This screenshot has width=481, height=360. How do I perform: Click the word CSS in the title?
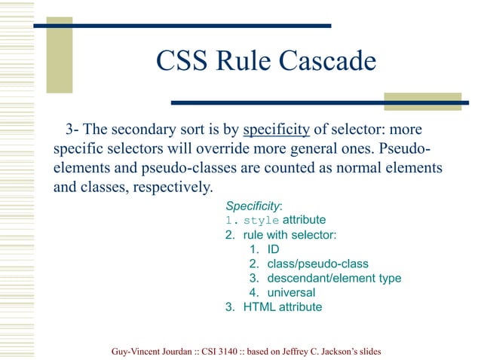pyautogui.click(x=182, y=61)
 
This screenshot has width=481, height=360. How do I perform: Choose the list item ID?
pyautogui.click(x=273, y=249)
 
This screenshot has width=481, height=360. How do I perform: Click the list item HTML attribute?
pyautogui.click(x=282, y=307)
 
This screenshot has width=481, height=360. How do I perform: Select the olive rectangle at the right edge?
pyautogui.click(x=422, y=102)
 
